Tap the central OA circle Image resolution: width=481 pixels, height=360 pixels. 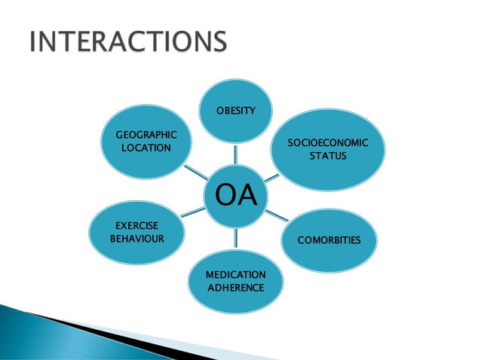(236, 194)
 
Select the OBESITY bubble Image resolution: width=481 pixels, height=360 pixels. (236, 111)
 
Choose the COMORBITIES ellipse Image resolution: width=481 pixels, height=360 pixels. (328, 240)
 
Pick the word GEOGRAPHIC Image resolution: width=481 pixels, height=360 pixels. (146, 135)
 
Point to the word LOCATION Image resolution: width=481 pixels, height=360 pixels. (146, 148)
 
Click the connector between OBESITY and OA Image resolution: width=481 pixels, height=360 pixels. (236, 153)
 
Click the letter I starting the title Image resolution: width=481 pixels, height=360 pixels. (33, 42)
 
